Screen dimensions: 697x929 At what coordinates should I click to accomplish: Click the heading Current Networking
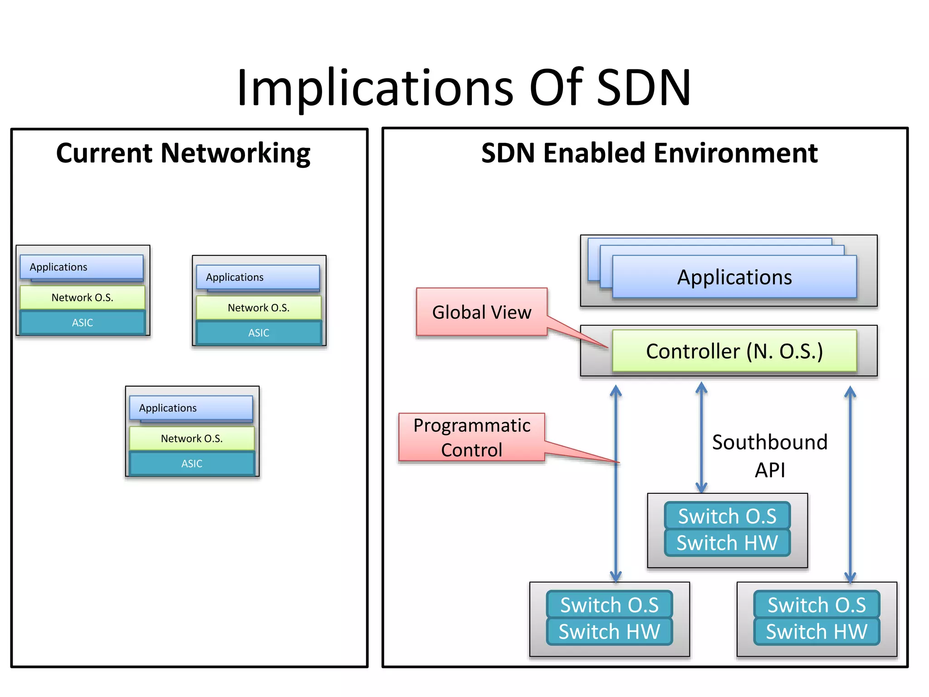click(183, 153)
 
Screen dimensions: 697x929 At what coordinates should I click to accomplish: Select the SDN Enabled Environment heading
click(649, 153)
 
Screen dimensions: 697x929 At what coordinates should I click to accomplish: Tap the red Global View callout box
click(481, 312)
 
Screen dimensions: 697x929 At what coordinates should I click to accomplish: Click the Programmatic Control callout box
click(471, 437)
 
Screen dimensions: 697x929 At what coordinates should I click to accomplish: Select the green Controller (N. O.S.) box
click(734, 351)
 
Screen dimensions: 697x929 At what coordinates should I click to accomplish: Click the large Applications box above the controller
click(734, 277)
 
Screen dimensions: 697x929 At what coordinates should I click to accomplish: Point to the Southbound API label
click(769, 455)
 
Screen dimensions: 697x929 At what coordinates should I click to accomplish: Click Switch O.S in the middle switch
click(727, 516)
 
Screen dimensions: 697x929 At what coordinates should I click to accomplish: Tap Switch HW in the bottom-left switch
click(609, 632)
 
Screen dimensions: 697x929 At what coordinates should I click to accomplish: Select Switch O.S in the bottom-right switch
click(816, 605)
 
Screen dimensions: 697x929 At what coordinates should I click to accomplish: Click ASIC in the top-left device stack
click(82, 323)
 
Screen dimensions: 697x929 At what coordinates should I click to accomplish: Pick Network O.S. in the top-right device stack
click(259, 308)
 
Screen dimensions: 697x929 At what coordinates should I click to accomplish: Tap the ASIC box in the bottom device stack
click(192, 463)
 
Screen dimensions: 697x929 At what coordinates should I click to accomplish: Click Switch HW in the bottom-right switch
click(816, 632)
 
